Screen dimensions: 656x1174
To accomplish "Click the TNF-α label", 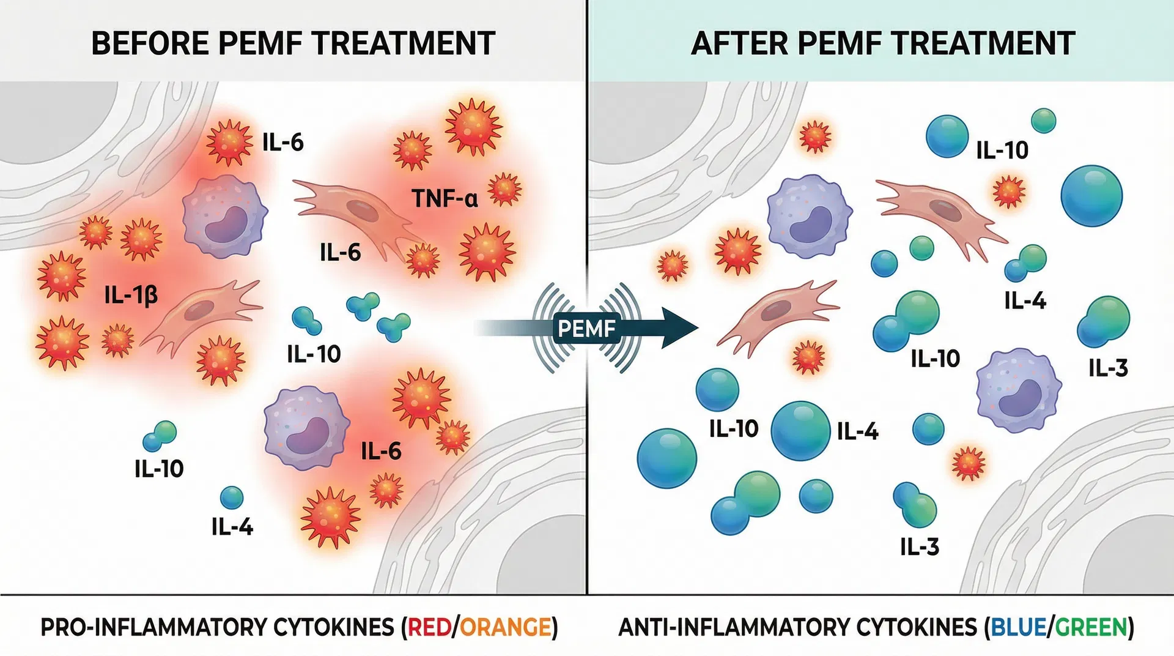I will (x=445, y=198).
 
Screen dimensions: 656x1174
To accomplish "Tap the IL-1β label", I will (x=131, y=296).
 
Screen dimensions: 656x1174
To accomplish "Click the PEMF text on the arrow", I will (x=586, y=329).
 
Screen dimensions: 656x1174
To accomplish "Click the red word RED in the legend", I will (x=429, y=628).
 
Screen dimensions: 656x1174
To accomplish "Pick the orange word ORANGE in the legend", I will (x=506, y=628).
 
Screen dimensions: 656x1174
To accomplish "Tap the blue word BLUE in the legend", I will (x=1018, y=628).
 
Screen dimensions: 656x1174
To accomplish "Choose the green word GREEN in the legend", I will (x=1091, y=628).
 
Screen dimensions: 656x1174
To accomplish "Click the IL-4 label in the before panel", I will (x=232, y=527).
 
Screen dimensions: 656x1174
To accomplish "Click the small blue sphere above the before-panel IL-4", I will (x=232, y=498).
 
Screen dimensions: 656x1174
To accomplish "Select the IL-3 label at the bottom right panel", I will (x=919, y=546).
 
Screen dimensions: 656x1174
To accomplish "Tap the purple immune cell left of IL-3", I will (x=1018, y=390).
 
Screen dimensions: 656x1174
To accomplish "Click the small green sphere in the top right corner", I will (x=1043, y=121).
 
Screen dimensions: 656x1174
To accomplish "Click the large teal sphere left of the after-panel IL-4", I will (x=800, y=431).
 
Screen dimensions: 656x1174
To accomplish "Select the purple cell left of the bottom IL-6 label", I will (x=306, y=428).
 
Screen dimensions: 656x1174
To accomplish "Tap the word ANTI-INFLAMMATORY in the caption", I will (x=733, y=628).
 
